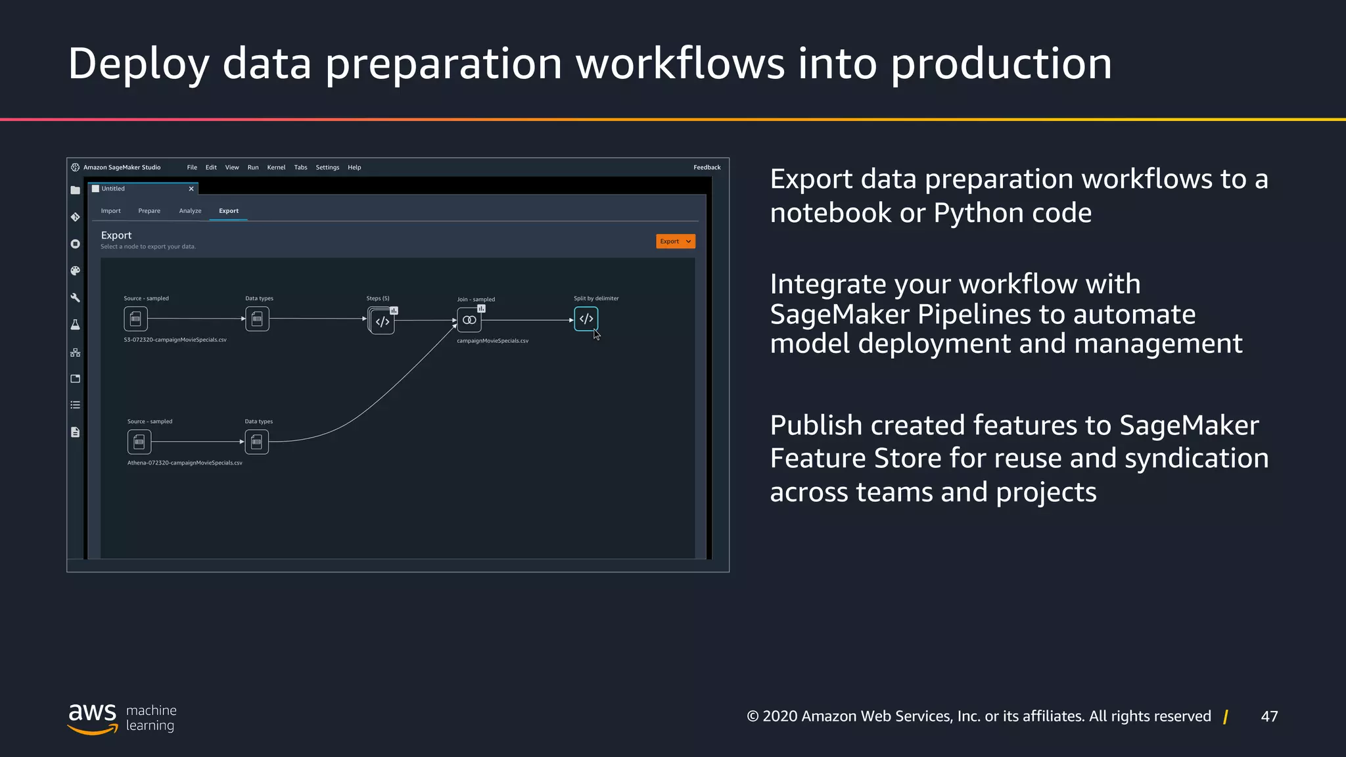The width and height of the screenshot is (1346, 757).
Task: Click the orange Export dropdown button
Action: tap(675, 241)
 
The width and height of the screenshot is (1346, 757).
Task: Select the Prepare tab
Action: tap(149, 211)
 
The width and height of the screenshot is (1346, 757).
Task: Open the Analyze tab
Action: tap(190, 211)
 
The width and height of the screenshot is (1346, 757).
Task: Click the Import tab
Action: tap(110, 211)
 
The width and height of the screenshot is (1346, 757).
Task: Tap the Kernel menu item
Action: tap(276, 168)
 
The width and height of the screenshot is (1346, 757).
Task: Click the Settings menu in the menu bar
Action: tap(327, 168)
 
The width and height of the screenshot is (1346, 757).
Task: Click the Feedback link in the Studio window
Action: tap(707, 168)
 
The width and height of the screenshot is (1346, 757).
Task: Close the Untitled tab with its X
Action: tap(191, 189)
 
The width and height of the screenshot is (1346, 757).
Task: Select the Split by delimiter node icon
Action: tap(586, 319)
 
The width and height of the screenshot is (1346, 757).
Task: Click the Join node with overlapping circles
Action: tap(469, 320)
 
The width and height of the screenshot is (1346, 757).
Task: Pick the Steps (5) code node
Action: tap(382, 321)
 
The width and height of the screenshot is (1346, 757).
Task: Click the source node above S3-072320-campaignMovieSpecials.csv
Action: tap(135, 319)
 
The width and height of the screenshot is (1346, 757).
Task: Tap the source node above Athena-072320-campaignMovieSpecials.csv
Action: tap(139, 442)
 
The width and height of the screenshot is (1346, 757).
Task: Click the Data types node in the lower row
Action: tap(256, 442)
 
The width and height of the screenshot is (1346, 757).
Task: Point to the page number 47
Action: tap(1269, 716)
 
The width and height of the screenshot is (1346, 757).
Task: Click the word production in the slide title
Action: tap(1001, 64)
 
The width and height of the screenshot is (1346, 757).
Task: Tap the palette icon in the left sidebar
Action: tap(75, 271)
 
